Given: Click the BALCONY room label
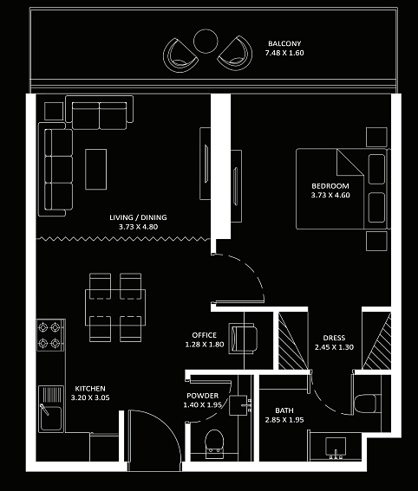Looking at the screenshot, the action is (284, 43).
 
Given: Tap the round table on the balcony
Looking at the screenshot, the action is (206, 41).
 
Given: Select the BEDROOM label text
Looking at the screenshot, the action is (330, 186).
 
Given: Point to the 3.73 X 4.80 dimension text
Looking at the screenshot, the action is (138, 227).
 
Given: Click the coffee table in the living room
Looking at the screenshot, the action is (95, 169).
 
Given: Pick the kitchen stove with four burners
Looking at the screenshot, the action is (50, 335).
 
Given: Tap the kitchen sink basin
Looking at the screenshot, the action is (51, 418).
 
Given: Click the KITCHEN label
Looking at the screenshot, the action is (90, 389).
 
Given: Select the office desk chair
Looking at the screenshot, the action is (244, 339).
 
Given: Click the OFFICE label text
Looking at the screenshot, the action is (204, 335).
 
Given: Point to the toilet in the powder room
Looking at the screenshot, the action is (214, 443).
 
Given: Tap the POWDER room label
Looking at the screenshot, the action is (203, 396).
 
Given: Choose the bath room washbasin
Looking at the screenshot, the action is (336, 448).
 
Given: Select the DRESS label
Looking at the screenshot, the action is (334, 338).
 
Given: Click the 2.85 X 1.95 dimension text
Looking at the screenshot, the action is (284, 420).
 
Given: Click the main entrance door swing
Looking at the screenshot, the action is (169, 429).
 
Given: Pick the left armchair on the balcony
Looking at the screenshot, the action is (180, 56).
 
